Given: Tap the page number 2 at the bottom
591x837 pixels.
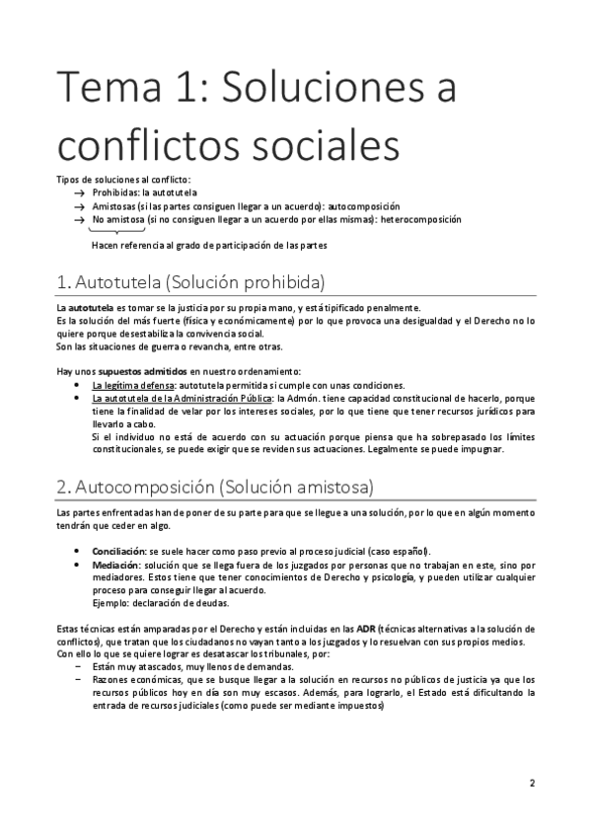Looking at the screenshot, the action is click(x=532, y=784).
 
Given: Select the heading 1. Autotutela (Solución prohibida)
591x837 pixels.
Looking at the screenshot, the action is click(x=191, y=282).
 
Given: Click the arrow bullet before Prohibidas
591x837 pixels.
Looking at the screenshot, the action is click(x=79, y=192).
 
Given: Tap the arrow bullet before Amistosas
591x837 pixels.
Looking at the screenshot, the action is click(x=79, y=205).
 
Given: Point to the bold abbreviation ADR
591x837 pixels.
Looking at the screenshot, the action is click(x=364, y=629).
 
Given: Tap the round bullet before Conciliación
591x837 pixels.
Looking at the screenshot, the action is click(x=79, y=550).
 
